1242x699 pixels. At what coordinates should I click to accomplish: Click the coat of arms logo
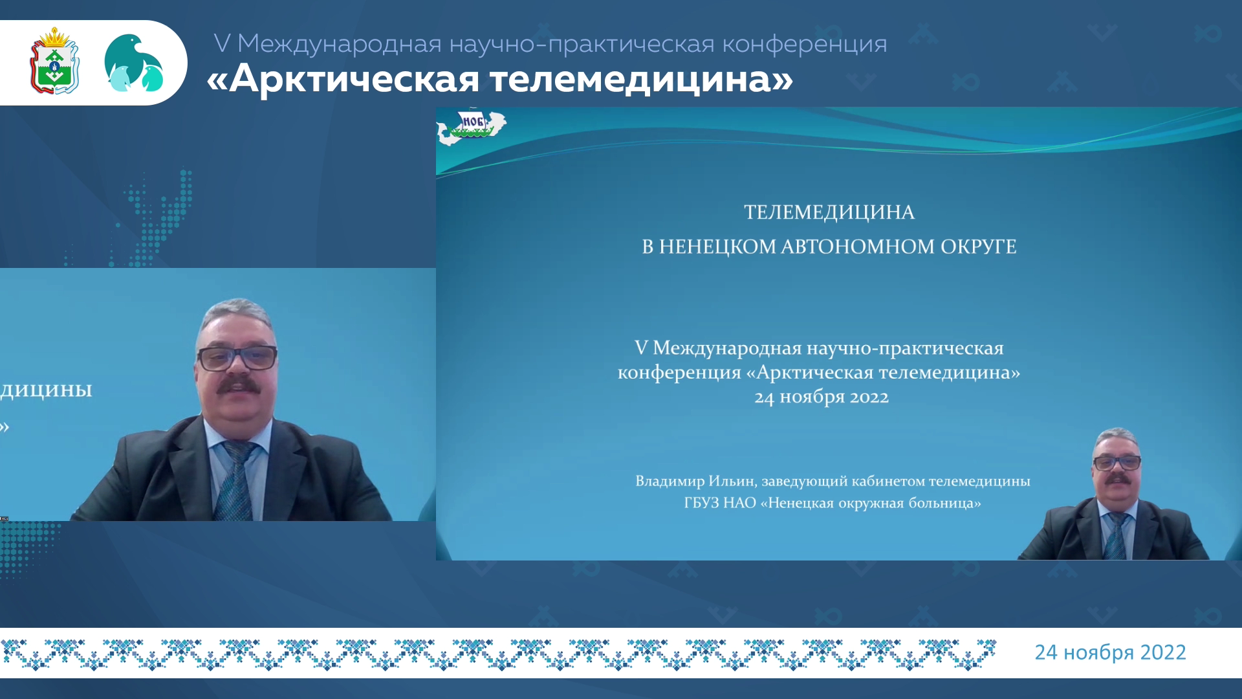point(55,61)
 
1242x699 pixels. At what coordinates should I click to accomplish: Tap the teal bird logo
point(133,63)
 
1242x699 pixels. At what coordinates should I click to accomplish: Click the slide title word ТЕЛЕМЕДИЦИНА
point(829,212)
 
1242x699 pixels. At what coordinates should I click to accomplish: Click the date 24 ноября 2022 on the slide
point(822,397)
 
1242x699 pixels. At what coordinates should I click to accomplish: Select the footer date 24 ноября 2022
point(1111,652)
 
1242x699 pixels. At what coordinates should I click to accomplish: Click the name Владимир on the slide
point(670,481)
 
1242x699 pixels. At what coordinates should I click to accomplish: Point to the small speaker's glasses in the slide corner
point(1117,463)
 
